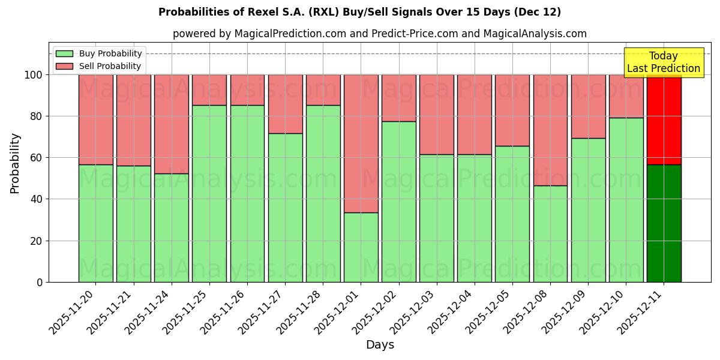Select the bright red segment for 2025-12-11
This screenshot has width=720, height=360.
click(x=664, y=120)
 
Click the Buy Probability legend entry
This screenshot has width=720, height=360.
click(x=99, y=53)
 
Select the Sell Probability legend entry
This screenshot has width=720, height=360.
click(x=99, y=66)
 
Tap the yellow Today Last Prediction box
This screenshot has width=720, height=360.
click(x=663, y=62)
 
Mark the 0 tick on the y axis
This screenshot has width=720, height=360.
click(x=40, y=282)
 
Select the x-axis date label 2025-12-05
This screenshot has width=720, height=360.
click(x=490, y=312)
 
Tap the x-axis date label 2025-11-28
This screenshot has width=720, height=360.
click(x=300, y=312)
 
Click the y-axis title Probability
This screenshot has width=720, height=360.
click(x=15, y=163)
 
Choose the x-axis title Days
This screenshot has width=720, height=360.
click(x=380, y=345)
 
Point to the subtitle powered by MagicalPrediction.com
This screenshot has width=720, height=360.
click(x=379, y=34)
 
